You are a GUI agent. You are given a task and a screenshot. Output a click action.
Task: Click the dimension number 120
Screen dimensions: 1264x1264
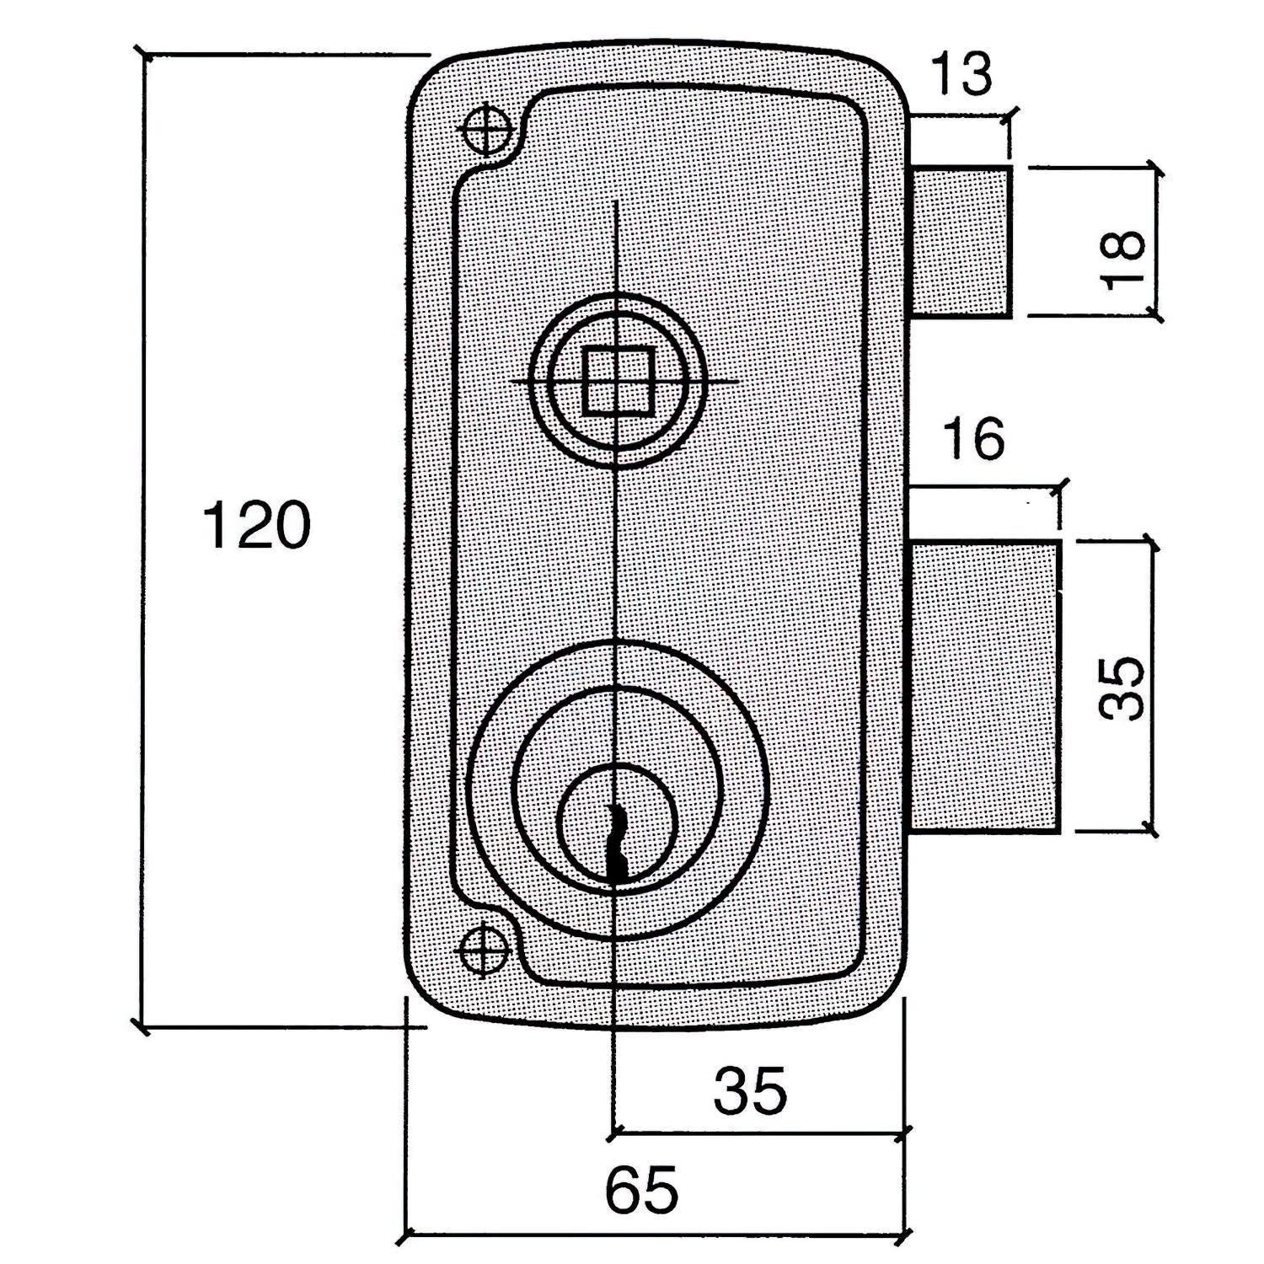point(257,525)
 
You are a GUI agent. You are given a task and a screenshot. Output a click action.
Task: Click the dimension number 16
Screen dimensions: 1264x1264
point(974,439)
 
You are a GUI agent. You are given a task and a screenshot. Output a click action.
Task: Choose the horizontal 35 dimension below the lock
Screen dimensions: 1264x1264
point(750,1090)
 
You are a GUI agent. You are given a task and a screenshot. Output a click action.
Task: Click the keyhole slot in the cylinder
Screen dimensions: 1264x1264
point(618,843)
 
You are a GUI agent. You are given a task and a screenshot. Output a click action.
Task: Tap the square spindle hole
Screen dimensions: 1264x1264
point(618,382)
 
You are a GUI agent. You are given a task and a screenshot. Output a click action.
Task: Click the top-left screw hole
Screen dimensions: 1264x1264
point(487,130)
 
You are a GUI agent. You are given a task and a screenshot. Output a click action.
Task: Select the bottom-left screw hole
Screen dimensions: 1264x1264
point(484,951)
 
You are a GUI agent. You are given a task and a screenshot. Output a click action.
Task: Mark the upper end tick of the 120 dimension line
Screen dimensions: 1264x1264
point(146,56)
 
